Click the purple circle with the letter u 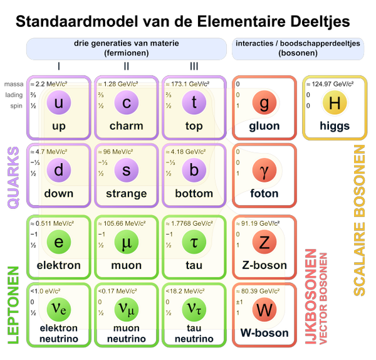(58, 103)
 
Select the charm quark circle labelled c (126, 103)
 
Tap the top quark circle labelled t (194, 103)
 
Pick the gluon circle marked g (264, 103)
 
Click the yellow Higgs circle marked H (334, 103)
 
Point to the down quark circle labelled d (58, 171)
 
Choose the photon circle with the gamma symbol (264, 171)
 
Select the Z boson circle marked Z (264, 241)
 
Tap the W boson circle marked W (264, 310)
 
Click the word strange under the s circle (126, 194)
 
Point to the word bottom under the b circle (194, 194)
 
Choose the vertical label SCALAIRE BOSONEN (359, 220)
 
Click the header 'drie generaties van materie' (126, 44)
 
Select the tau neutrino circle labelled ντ (194, 310)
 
